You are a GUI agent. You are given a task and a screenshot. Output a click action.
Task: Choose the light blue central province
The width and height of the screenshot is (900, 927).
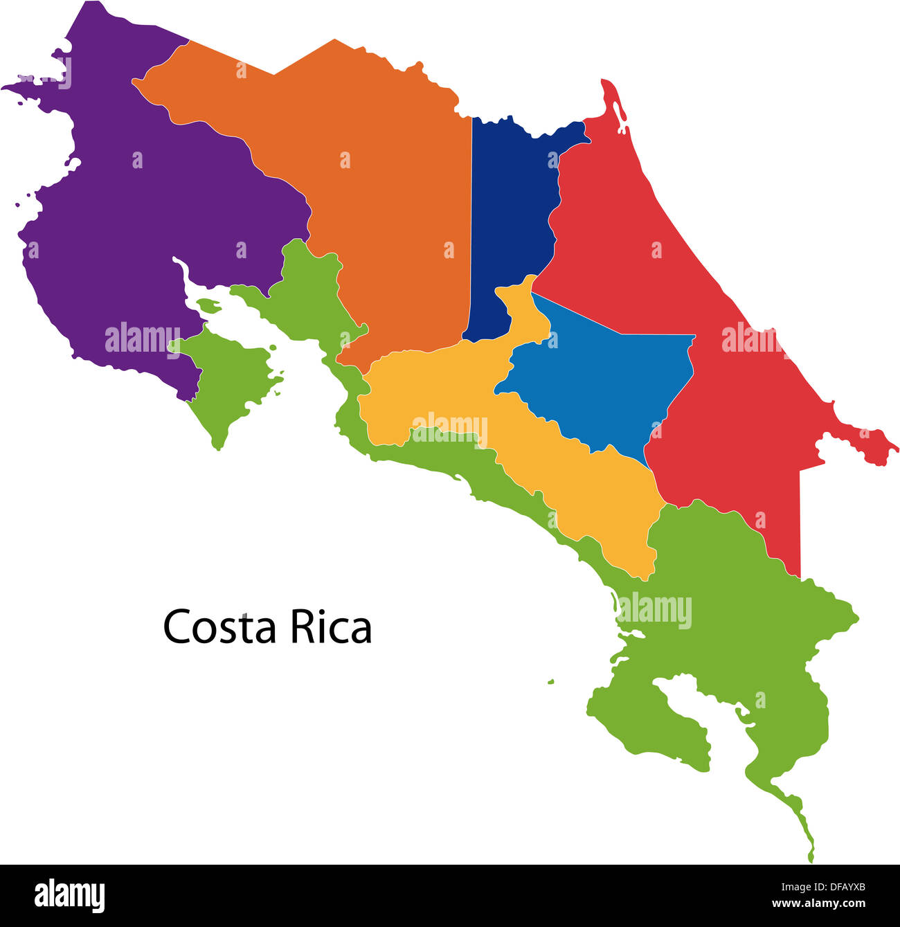[602, 381]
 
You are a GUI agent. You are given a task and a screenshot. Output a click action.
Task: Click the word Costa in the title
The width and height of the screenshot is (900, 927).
[220, 627]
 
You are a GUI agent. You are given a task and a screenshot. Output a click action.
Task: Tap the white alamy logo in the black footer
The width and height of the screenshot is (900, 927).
[70, 895]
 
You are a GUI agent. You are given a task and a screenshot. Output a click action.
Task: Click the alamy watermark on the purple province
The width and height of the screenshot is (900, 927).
[142, 339]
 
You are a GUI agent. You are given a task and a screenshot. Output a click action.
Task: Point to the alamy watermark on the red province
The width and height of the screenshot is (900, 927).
[751, 339]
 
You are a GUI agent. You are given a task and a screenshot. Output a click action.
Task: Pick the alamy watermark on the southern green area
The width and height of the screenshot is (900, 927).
[654, 611]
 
